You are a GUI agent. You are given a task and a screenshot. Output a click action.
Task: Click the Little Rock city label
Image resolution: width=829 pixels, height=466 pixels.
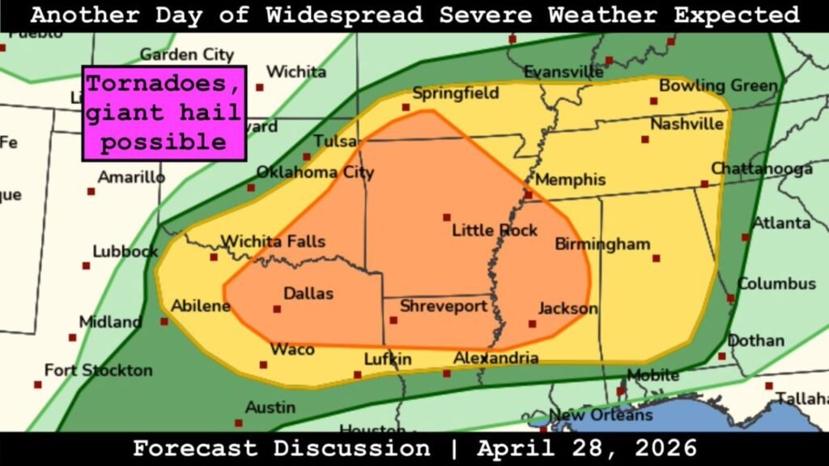(x=494, y=231)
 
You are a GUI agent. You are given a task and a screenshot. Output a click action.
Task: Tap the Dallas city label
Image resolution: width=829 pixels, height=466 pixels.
(x=308, y=294)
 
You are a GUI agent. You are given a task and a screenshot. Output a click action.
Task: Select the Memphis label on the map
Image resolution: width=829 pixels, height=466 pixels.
(x=570, y=179)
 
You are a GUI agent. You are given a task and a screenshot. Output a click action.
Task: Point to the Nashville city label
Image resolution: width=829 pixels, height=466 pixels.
(x=687, y=124)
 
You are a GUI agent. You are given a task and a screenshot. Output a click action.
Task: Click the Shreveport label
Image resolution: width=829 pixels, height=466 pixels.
(x=444, y=306)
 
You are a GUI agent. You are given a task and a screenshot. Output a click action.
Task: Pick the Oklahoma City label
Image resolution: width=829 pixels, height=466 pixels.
(x=315, y=172)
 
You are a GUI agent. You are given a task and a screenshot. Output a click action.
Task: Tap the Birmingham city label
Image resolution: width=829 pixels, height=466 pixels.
(x=602, y=244)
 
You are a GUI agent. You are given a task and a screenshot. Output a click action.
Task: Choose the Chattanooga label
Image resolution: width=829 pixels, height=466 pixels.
(x=762, y=168)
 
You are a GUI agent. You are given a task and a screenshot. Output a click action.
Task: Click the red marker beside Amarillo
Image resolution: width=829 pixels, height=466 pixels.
(x=91, y=192)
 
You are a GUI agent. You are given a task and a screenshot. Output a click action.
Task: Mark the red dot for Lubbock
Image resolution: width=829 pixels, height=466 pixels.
(x=86, y=265)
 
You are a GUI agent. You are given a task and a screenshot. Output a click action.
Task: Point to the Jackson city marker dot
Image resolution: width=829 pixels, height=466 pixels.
(x=532, y=324)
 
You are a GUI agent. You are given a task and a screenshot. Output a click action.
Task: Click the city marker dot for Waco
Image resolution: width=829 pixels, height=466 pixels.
(x=263, y=365)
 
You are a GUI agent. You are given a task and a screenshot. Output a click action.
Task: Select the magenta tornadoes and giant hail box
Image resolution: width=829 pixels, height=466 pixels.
(x=164, y=112)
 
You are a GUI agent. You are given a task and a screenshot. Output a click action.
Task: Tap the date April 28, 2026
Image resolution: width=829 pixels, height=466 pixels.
(x=587, y=448)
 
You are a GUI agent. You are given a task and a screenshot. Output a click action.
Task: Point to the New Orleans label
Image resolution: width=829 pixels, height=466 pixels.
(x=600, y=415)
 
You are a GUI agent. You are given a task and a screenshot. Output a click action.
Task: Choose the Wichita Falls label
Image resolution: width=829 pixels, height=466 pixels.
(x=274, y=241)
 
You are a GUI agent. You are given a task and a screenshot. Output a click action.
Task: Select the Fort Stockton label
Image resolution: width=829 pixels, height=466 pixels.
(x=98, y=371)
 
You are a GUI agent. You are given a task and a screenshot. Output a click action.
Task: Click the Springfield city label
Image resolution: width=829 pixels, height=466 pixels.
(x=455, y=93)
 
